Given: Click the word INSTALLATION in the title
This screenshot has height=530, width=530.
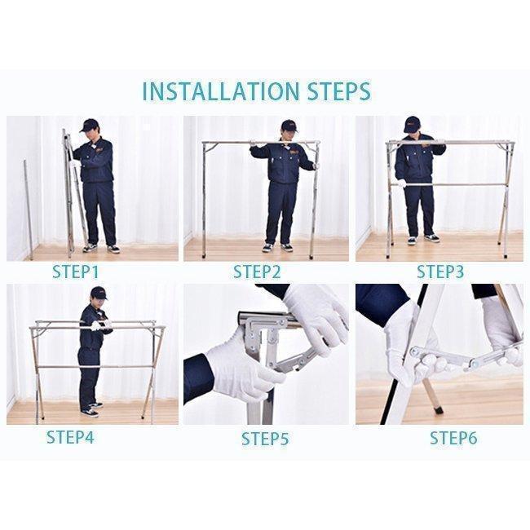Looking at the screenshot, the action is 221,91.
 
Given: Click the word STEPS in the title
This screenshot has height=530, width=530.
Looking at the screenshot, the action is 339,91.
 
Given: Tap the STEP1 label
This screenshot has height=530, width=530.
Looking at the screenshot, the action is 75,272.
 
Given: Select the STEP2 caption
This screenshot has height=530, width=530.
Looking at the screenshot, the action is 257,272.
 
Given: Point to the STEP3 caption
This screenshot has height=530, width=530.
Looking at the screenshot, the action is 440,272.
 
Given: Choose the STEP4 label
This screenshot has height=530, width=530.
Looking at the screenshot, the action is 70,437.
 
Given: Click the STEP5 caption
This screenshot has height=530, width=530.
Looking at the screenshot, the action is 265,439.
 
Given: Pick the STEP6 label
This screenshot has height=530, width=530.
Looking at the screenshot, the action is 453,438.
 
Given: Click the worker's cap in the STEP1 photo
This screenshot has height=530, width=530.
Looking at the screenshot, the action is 89,125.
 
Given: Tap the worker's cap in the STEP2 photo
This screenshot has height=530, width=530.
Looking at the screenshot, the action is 289,126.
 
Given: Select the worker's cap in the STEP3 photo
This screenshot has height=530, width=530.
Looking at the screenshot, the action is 412,124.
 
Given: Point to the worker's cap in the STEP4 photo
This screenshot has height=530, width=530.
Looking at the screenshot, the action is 99,293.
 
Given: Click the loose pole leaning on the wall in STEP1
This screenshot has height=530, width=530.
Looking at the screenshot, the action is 29,210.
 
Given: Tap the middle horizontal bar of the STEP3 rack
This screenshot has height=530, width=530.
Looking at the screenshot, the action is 448,185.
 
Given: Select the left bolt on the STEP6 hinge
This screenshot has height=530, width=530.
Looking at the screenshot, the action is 413,351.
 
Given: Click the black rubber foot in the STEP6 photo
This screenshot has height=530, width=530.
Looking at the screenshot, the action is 439,409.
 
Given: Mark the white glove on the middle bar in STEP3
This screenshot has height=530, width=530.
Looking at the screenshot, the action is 401,183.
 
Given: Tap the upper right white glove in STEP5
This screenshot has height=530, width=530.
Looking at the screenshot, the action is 316,318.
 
